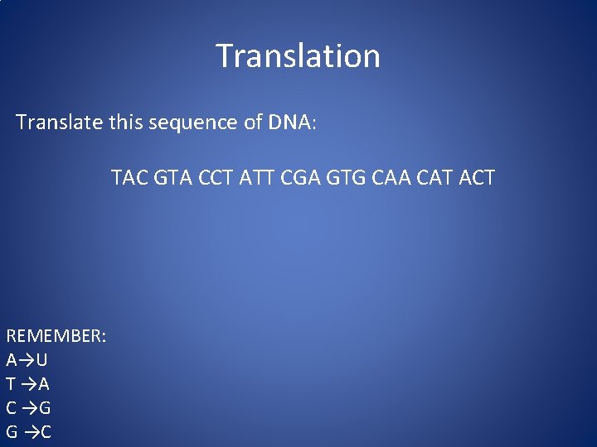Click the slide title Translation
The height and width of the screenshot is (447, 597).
[298, 56]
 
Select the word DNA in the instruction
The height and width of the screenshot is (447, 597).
[289, 123]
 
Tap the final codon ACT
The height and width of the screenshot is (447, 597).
[477, 177]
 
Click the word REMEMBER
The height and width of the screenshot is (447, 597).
[56, 337]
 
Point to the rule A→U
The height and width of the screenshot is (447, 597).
[27, 360]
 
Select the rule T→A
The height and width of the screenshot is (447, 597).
[27, 384]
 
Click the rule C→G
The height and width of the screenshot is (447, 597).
[28, 408]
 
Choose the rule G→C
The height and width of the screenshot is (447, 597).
[28, 432]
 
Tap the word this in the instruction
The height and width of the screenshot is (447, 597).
[128, 123]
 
